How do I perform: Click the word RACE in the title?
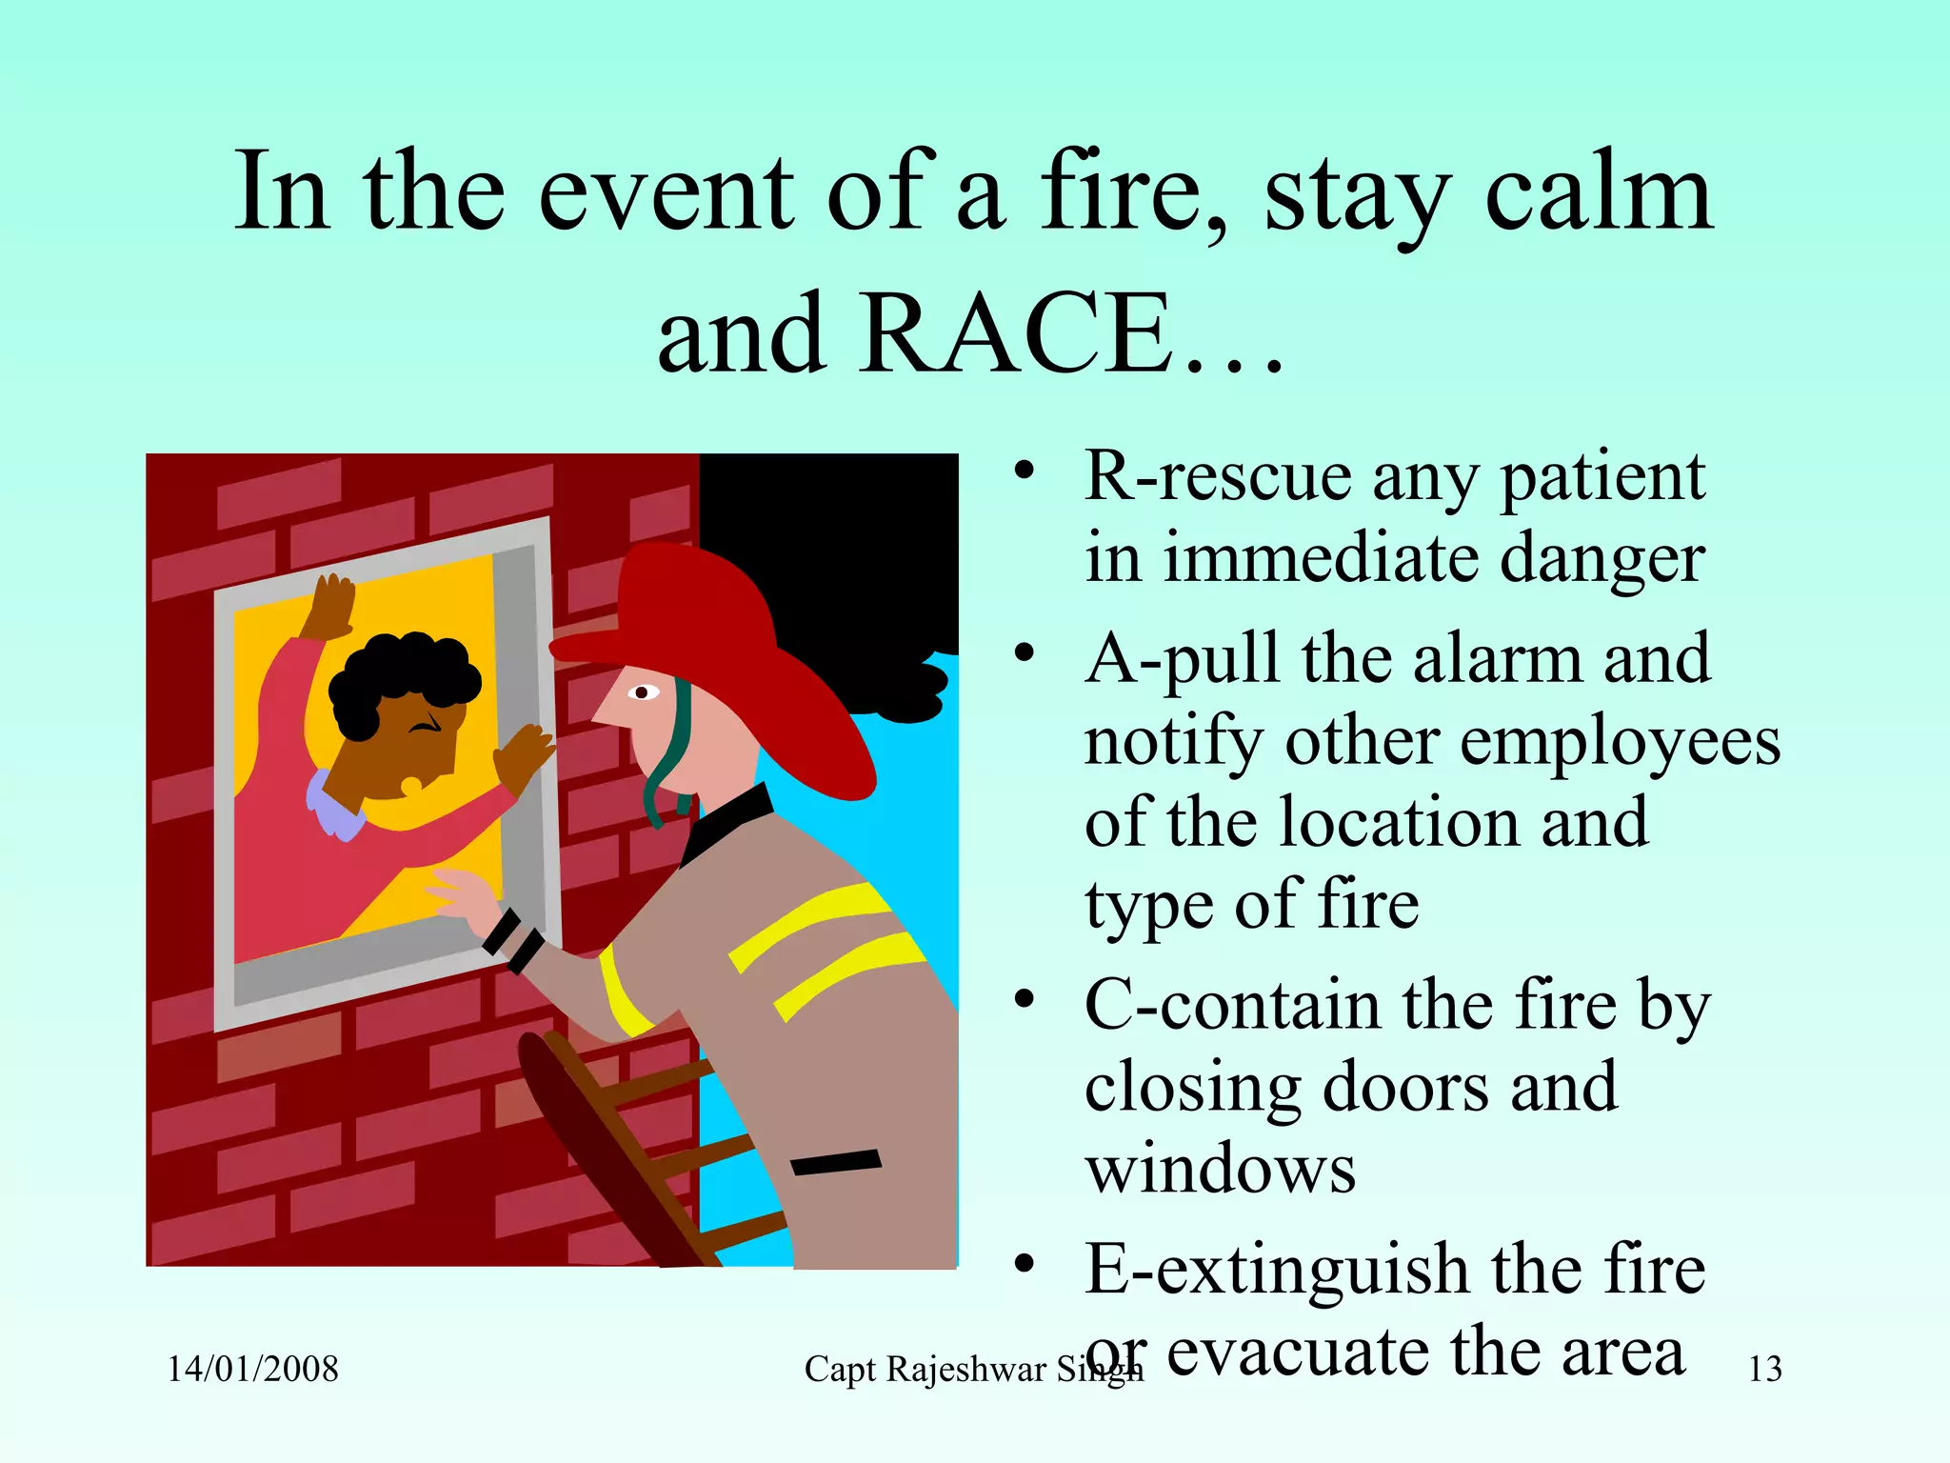1019,333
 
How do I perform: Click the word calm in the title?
1600,195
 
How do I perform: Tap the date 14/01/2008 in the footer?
253,1369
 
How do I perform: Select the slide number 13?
1764,1369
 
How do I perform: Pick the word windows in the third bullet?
1221,1170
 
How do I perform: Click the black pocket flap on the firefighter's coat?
836,1162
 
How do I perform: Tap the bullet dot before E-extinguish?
1024,1264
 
